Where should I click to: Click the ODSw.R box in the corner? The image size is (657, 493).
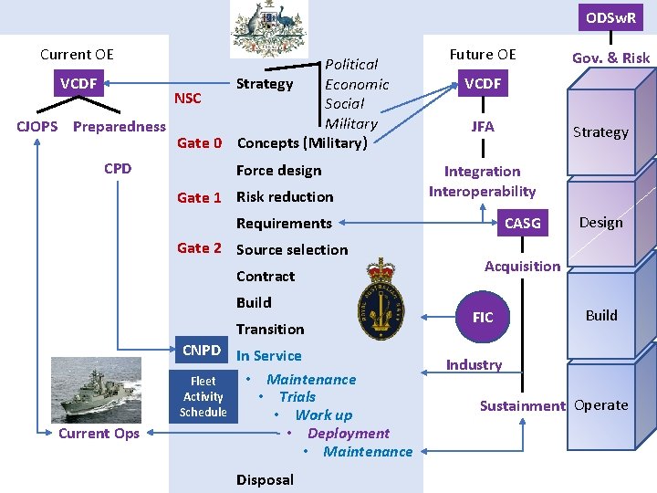[611, 17]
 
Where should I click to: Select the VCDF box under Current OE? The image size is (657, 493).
[78, 84]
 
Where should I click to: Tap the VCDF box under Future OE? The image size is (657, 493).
[483, 84]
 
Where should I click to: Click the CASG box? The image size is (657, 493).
[523, 223]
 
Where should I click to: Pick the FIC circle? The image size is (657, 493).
[483, 317]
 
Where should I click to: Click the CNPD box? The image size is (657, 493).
[202, 351]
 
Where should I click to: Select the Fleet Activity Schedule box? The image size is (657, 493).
[203, 397]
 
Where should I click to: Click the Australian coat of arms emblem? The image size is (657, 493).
[269, 29]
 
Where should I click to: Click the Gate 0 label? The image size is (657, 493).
[199, 143]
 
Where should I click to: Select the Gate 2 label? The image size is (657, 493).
[199, 248]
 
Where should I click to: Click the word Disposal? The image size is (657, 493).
[265, 479]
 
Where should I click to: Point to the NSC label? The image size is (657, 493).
[187, 99]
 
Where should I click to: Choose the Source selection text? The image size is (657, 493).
[292, 249]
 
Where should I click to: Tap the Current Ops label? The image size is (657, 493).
[99, 433]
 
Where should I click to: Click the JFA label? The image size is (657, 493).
[483, 127]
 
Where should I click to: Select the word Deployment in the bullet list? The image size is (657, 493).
[349, 434]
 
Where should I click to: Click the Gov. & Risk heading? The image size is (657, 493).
[610, 58]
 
